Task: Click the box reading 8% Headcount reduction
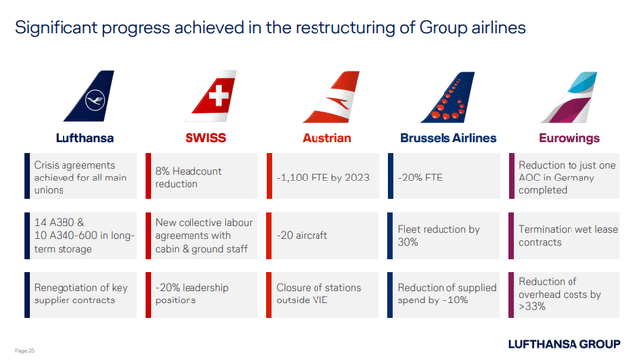(x=202, y=178)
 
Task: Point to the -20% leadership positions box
(x=202, y=295)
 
